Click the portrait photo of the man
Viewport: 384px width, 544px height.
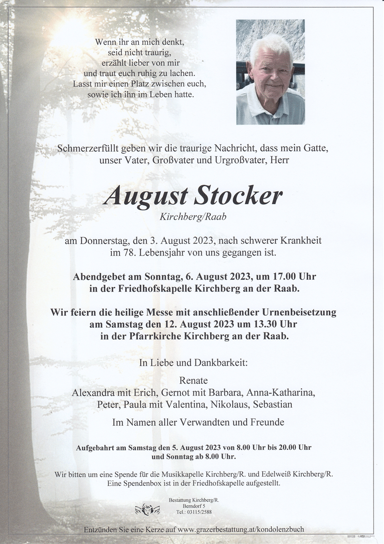(270, 72)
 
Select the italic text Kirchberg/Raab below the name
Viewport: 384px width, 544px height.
(192, 217)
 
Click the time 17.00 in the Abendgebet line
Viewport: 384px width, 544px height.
(273, 277)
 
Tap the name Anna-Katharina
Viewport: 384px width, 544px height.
(286, 393)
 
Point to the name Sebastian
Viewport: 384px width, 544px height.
(273, 404)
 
